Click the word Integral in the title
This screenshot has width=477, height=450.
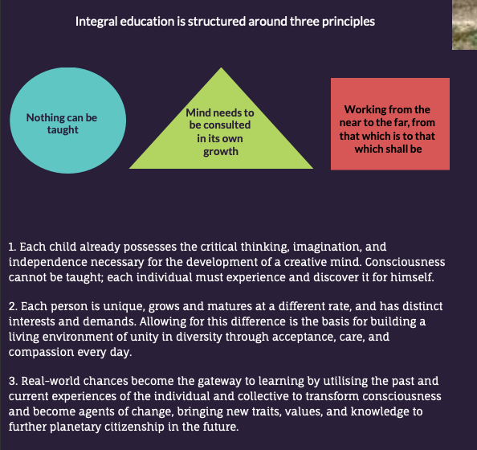[x=96, y=22]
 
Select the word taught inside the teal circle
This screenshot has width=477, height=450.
[x=63, y=130]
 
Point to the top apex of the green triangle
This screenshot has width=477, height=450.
[x=221, y=67]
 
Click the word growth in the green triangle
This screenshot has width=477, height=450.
[x=221, y=152]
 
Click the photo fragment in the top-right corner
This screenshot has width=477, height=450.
[x=464, y=25]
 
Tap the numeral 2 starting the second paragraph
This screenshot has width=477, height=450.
[x=13, y=306]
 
